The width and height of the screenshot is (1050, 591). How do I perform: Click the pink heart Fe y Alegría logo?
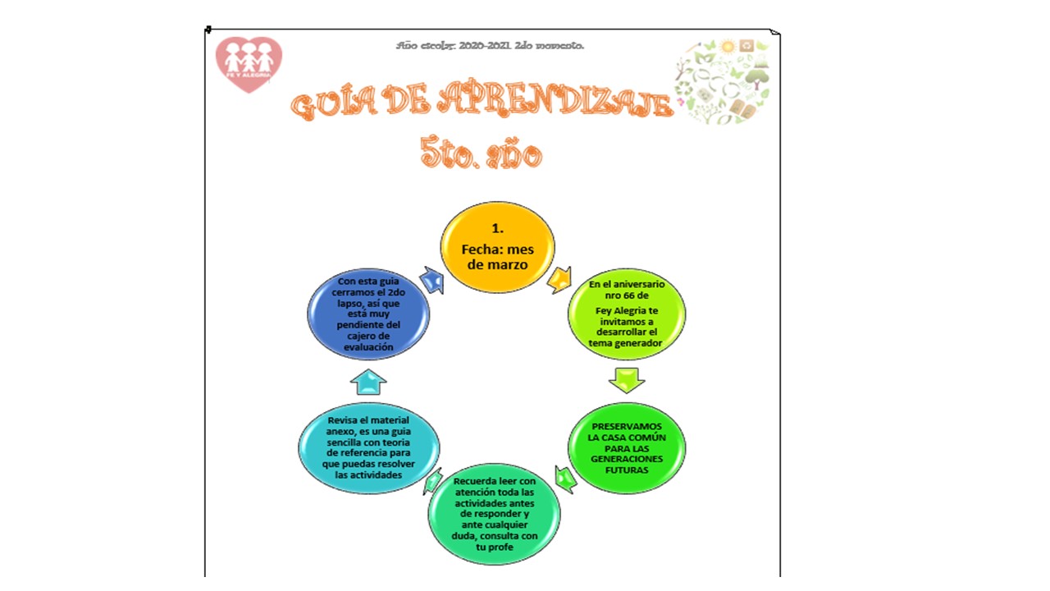249,63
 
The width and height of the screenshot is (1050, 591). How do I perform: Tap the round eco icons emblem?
722,80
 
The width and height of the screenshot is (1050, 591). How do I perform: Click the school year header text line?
490,46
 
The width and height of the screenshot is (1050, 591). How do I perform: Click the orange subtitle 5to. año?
481,153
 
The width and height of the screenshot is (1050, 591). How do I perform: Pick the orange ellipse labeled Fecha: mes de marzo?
497,247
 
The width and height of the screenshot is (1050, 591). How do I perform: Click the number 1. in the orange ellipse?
496,227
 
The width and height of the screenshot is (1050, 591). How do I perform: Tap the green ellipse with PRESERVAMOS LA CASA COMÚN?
627,448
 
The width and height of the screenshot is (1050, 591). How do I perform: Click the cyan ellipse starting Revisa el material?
368,447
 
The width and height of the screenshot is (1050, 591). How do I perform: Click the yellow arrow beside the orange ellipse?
560,279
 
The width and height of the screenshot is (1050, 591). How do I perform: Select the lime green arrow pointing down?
627,379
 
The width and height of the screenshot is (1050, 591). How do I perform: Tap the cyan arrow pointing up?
368,381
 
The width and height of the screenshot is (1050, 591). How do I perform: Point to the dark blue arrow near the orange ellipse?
431,280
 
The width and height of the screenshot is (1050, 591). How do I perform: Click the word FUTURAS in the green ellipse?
627,471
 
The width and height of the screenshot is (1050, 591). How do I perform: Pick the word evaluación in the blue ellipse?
368,346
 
